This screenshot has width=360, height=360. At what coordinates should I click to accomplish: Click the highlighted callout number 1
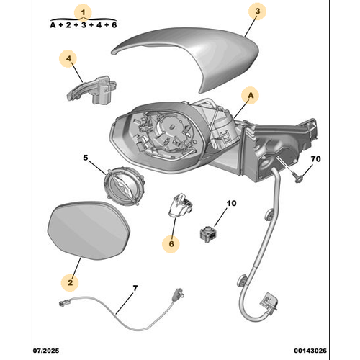click(x=83, y=12)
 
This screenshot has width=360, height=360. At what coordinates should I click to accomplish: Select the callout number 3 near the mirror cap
click(x=258, y=11)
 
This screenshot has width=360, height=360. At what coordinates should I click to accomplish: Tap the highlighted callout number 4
click(x=69, y=58)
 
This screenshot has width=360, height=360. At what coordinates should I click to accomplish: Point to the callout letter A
click(x=251, y=96)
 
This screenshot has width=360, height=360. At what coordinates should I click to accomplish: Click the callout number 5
click(x=86, y=158)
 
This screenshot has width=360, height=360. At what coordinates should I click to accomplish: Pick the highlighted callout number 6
click(x=171, y=244)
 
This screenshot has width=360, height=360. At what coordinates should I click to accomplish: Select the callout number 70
click(x=315, y=159)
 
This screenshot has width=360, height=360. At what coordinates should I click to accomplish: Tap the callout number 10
click(x=231, y=203)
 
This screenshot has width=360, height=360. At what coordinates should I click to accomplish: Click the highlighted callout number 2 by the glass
click(x=70, y=282)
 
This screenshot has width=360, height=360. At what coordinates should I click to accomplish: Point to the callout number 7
click(x=135, y=288)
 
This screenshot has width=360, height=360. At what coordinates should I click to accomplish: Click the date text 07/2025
click(x=46, y=351)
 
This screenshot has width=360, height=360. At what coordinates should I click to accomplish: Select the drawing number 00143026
click(x=310, y=351)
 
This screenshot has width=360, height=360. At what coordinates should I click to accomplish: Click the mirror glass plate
click(x=89, y=230)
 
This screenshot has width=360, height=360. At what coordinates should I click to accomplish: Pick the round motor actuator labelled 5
click(x=124, y=186)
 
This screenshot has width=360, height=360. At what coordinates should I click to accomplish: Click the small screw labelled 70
click(x=297, y=178)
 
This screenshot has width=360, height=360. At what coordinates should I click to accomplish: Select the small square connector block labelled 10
click(x=208, y=234)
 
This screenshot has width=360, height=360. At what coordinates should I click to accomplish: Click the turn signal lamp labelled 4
click(x=91, y=90)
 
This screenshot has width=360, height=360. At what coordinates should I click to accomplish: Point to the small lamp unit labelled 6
click(x=181, y=205)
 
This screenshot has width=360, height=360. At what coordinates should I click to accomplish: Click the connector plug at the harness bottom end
click(x=269, y=302)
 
